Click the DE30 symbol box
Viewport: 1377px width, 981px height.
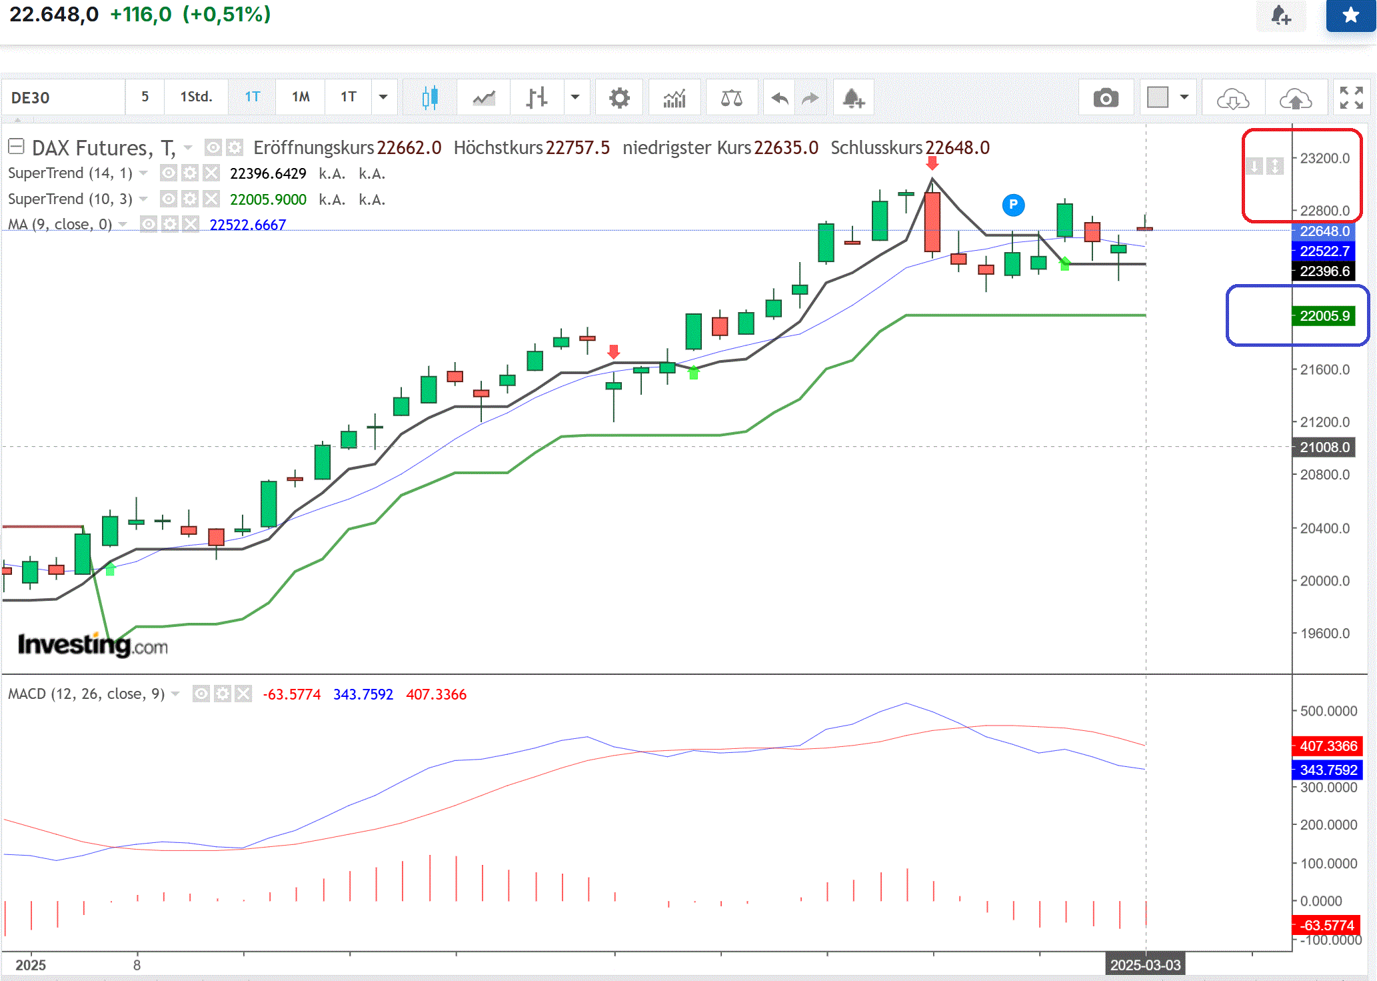pyautogui.click(x=63, y=98)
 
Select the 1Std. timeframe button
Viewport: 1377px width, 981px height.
pyautogui.click(x=196, y=97)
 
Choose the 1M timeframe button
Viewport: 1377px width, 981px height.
pyautogui.click(x=301, y=97)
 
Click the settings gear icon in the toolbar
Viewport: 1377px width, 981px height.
pyautogui.click(x=619, y=98)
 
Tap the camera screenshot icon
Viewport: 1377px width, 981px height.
pyautogui.click(x=1106, y=99)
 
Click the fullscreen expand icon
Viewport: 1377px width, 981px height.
pyautogui.click(x=1351, y=98)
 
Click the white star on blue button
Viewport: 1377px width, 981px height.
pyautogui.click(x=1350, y=15)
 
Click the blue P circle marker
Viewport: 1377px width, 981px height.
pyautogui.click(x=1013, y=205)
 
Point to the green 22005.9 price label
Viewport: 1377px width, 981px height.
pyautogui.click(x=1324, y=316)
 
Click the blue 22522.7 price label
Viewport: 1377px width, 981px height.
pyautogui.click(x=1324, y=251)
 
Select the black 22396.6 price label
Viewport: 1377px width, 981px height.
pyautogui.click(x=1324, y=271)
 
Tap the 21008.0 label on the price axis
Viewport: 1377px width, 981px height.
pyautogui.click(x=1324, y=447)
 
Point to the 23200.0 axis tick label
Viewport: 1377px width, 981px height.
pyautogui.click(x=1324, y=159)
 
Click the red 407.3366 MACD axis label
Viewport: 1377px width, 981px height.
pyautogui.click(x=1328, y=746)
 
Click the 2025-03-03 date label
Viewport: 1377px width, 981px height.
pyautogui.click(x=1145, y=965)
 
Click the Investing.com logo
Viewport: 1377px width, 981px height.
pyautogui.click(x=93, y=645)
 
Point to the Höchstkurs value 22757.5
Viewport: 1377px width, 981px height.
pyautogui.click(x=577, y=148)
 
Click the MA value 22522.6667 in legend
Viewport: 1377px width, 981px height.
pyautogui.click(x=247, y=225)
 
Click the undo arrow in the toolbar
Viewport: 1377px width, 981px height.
pyautogui.click(x=779, y=99)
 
